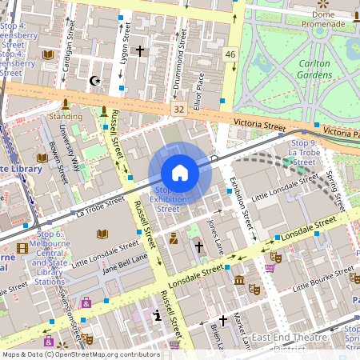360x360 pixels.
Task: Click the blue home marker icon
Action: [180, 173]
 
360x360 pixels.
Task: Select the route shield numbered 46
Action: [231, 54]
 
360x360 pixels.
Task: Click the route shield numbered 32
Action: [178, 108]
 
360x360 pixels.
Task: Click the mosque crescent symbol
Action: [94, 81]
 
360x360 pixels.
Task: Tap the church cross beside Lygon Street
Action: [140, 51]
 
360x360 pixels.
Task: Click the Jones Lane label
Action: [213, 236]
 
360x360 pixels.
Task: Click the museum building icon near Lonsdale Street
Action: [239, 280]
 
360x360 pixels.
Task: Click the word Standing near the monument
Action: [66, 116]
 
